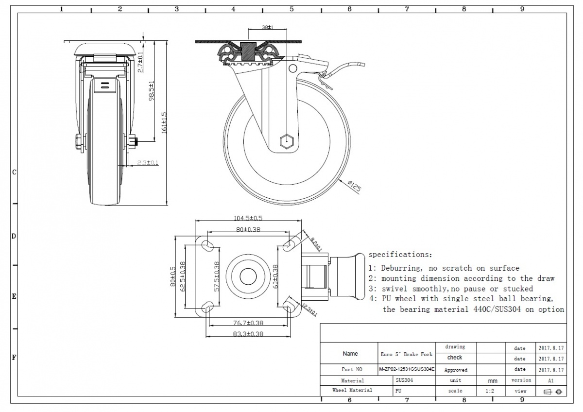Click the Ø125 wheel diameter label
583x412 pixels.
[x=355, y=186]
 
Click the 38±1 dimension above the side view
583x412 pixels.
[x=267, y=28]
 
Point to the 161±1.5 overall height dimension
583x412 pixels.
[x=164, y=121]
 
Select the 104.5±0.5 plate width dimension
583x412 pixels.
[x=249, y=218]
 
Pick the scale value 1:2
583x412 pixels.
[x=490, y=391]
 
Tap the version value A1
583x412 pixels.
[x=550, y=380]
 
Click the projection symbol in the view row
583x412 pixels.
[x=551, y=392]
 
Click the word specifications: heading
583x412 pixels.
[x=400, y=254]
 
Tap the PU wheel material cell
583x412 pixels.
[x=398, y=391]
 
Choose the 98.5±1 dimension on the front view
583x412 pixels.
[x=152, y=90]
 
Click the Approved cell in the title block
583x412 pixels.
[x=455, y=370]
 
